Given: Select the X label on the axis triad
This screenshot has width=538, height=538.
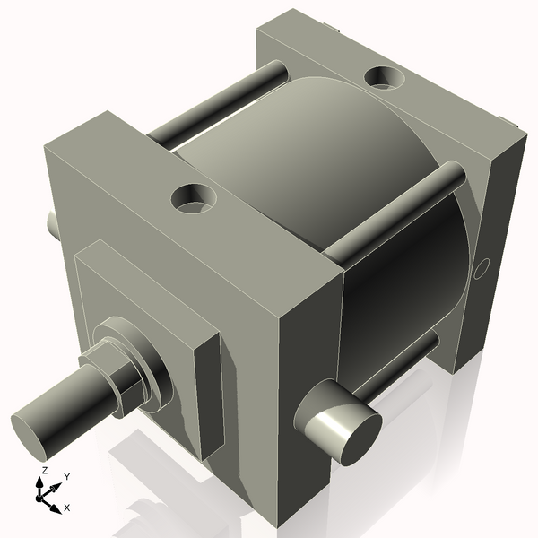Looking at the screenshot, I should coord(67,508).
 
